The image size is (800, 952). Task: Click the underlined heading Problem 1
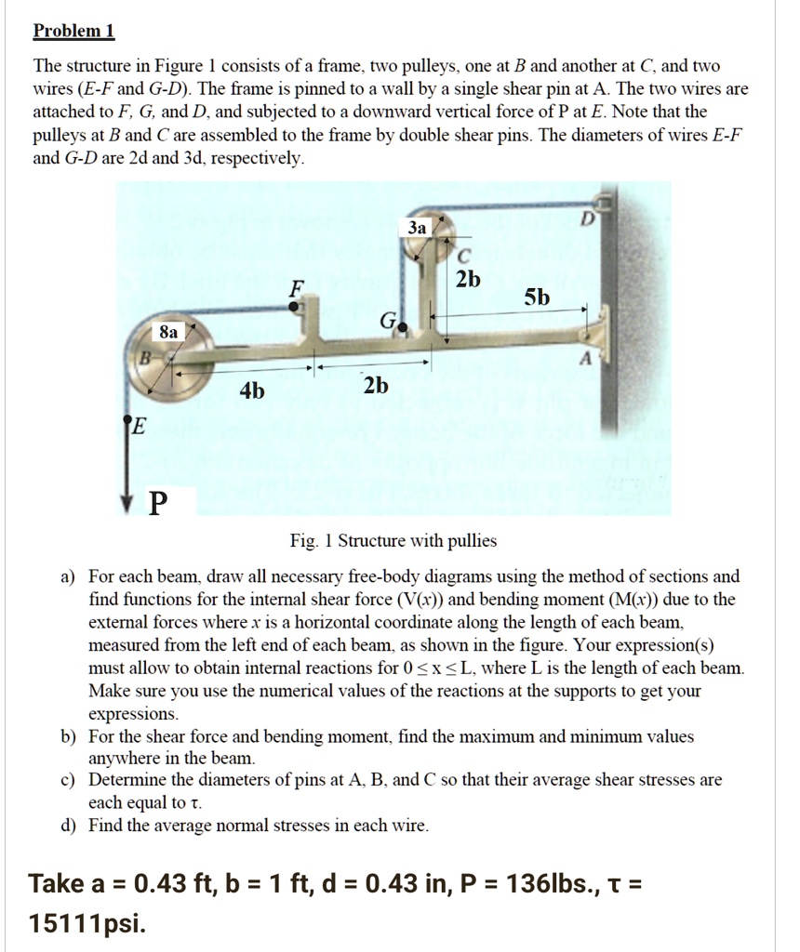click(x=73, y=32)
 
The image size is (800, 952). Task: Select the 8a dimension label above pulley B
click(x=168, y=330)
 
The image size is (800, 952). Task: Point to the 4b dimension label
click(x=252, y=391)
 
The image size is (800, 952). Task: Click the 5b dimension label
click(x=537, y=297)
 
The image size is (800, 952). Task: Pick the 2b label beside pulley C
click(x=470, y=280)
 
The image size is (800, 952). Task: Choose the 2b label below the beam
click(x=376, y=386)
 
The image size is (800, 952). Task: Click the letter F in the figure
click(x=296, y=288)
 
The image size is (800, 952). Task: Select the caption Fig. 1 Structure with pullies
click(x=393, y=541)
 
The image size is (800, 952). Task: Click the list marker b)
click(x=68, y=736)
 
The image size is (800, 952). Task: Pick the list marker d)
click(x=68, y=825)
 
